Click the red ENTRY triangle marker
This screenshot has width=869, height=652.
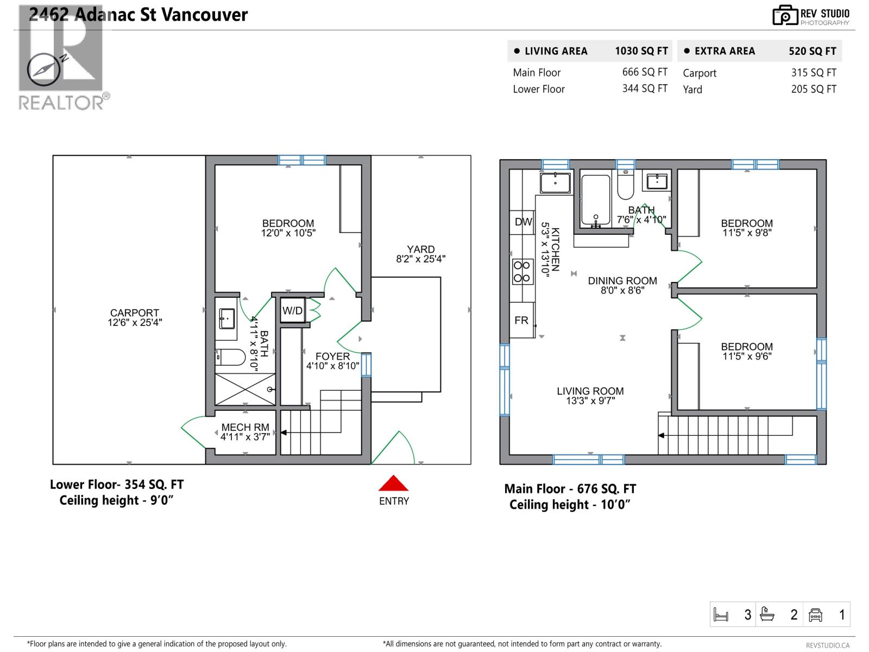click(x=394, y=484)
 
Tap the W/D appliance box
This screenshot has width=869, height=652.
click(x=292, y=311)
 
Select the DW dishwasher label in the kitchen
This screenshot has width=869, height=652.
click(x=523, y=222)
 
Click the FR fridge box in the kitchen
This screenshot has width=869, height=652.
click(x=522, y=321)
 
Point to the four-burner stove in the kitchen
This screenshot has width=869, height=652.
click(x=522, y=272)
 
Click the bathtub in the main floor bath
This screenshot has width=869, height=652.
click(x=596, y=199)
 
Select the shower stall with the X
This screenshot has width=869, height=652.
click(x=245, y=389)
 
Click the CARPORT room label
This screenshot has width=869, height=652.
click(x=134, y=313)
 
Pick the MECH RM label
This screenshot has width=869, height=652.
click(x=245, y=428)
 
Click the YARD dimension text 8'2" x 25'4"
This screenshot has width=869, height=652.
click(x=420, y=259)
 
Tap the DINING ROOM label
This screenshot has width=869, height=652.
click(x=622, y=281)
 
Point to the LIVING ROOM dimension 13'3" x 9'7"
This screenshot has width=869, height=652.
click(x=590, y=401)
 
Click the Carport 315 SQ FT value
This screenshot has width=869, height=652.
click(x=813, y=73)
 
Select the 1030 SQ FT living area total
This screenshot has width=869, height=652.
click(x=641, y=51)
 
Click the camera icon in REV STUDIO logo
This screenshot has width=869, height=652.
click(x=784, y=16)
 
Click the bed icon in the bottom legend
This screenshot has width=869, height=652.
click(x=721, y=615)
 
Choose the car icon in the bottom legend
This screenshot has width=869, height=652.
click(x=815, y=615)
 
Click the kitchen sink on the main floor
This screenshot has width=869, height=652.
click(x=555, y=183)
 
